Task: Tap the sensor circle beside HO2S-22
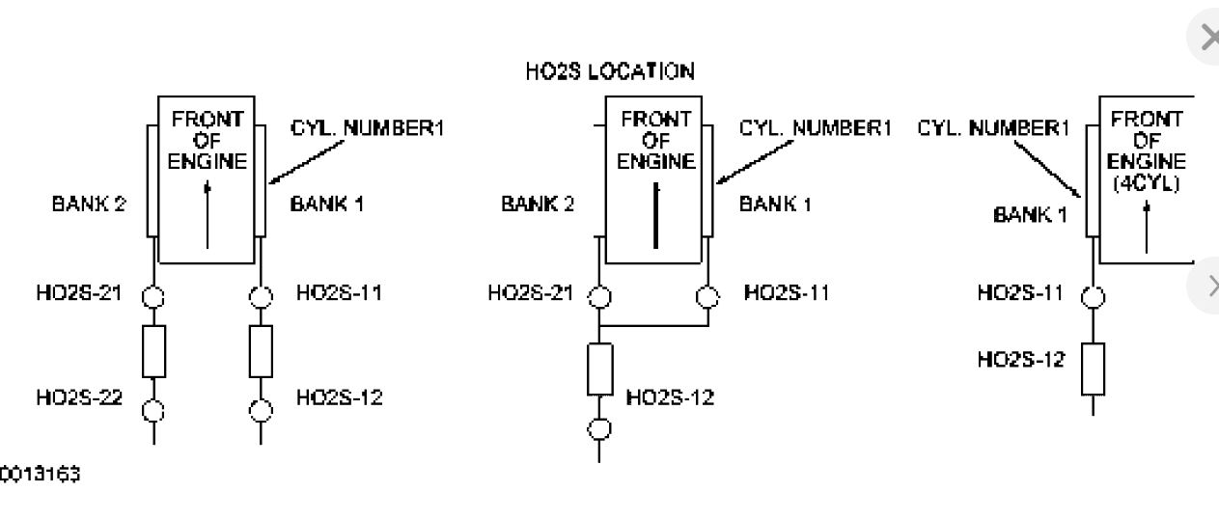153,409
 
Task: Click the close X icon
1207,39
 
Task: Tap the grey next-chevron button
1207,286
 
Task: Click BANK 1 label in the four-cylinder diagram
1031,215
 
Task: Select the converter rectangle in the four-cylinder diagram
1093,369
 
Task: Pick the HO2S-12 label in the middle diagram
670,397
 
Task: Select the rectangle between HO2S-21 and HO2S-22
153,351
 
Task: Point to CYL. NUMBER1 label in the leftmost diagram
367,128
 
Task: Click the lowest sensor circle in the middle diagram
600,426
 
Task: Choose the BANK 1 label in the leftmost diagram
325,204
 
